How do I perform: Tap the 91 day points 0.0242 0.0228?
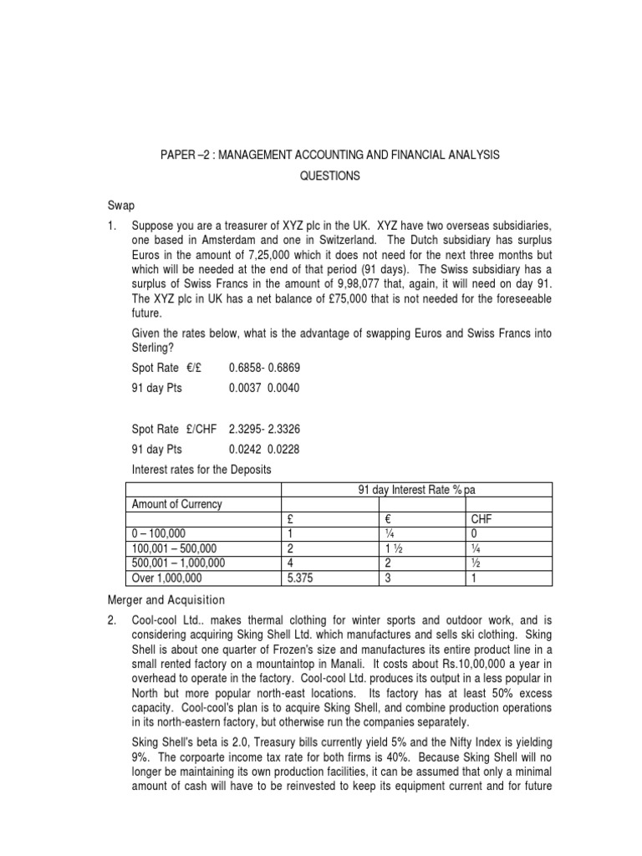pos(263,449)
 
